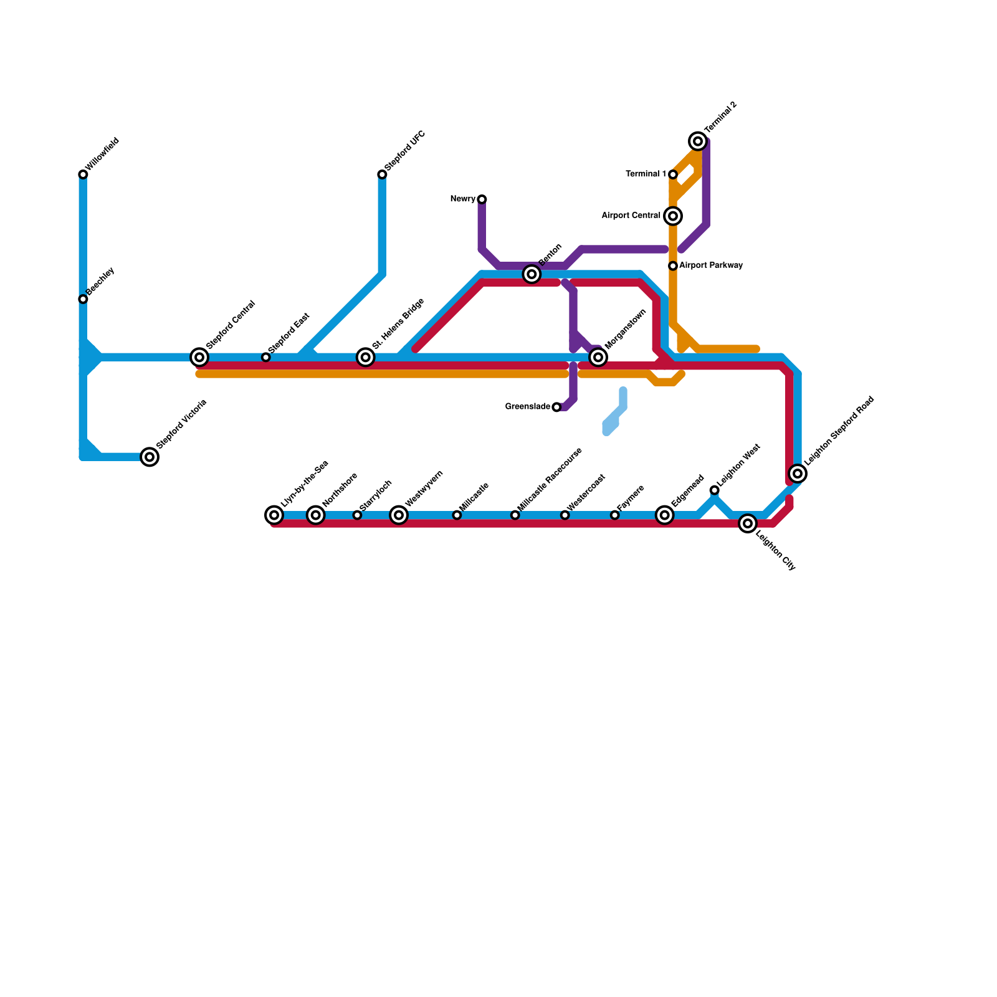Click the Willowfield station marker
pyautogui.click(x=83, y=174)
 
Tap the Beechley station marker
pyautogui.click(x=83, y=299)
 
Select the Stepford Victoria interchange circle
pyautogui.click(x=150, y=457)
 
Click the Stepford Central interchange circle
pyautogui.click(x=199, y=357)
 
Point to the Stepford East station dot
pyautogui.click(x=266, y=357)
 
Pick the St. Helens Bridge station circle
pyautogui.click(x=366, y=357)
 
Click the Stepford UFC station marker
pyautogui.click(x=382, y=174)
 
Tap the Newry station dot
pyautogui.click(x=482, y=199)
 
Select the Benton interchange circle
pyautogui.click(x=532, y=274)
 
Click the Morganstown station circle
pyautogui.click(x=598, y=357)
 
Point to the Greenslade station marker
pyautogui.click(x=556, y=407)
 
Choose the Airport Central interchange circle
pyautogui.click(x=673, y=216)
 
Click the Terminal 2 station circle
pyautogui.click(x=699, y=141)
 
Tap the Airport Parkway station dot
pyautogui.click(x=673, y=266)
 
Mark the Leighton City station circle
pyautogui.click(x=748, y=523)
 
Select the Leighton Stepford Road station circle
pyautogui.click(x=798, y=474)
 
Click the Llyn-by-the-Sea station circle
pyautogui.click(x=274, y=515)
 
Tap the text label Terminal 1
pyautogui.click(x=646, y=174)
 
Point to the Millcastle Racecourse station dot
pyautogui.click(x=515, y=515)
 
